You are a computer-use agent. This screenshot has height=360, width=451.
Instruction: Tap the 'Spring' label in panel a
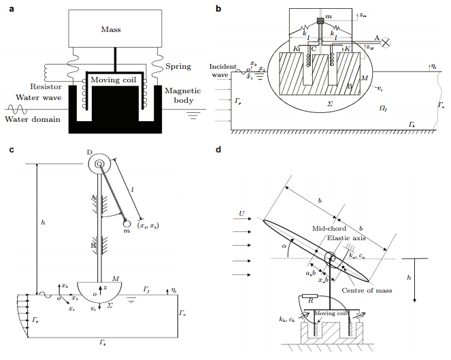point(178,66)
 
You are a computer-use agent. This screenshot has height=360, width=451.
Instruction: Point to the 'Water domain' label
point(30,120)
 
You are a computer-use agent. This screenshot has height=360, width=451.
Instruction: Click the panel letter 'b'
point(218,8)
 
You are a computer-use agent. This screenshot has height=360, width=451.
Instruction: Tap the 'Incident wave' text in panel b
point(222,71)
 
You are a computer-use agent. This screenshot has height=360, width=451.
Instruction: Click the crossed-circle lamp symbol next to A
point(388,42)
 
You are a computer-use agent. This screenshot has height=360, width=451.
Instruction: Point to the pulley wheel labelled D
point(100,163)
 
